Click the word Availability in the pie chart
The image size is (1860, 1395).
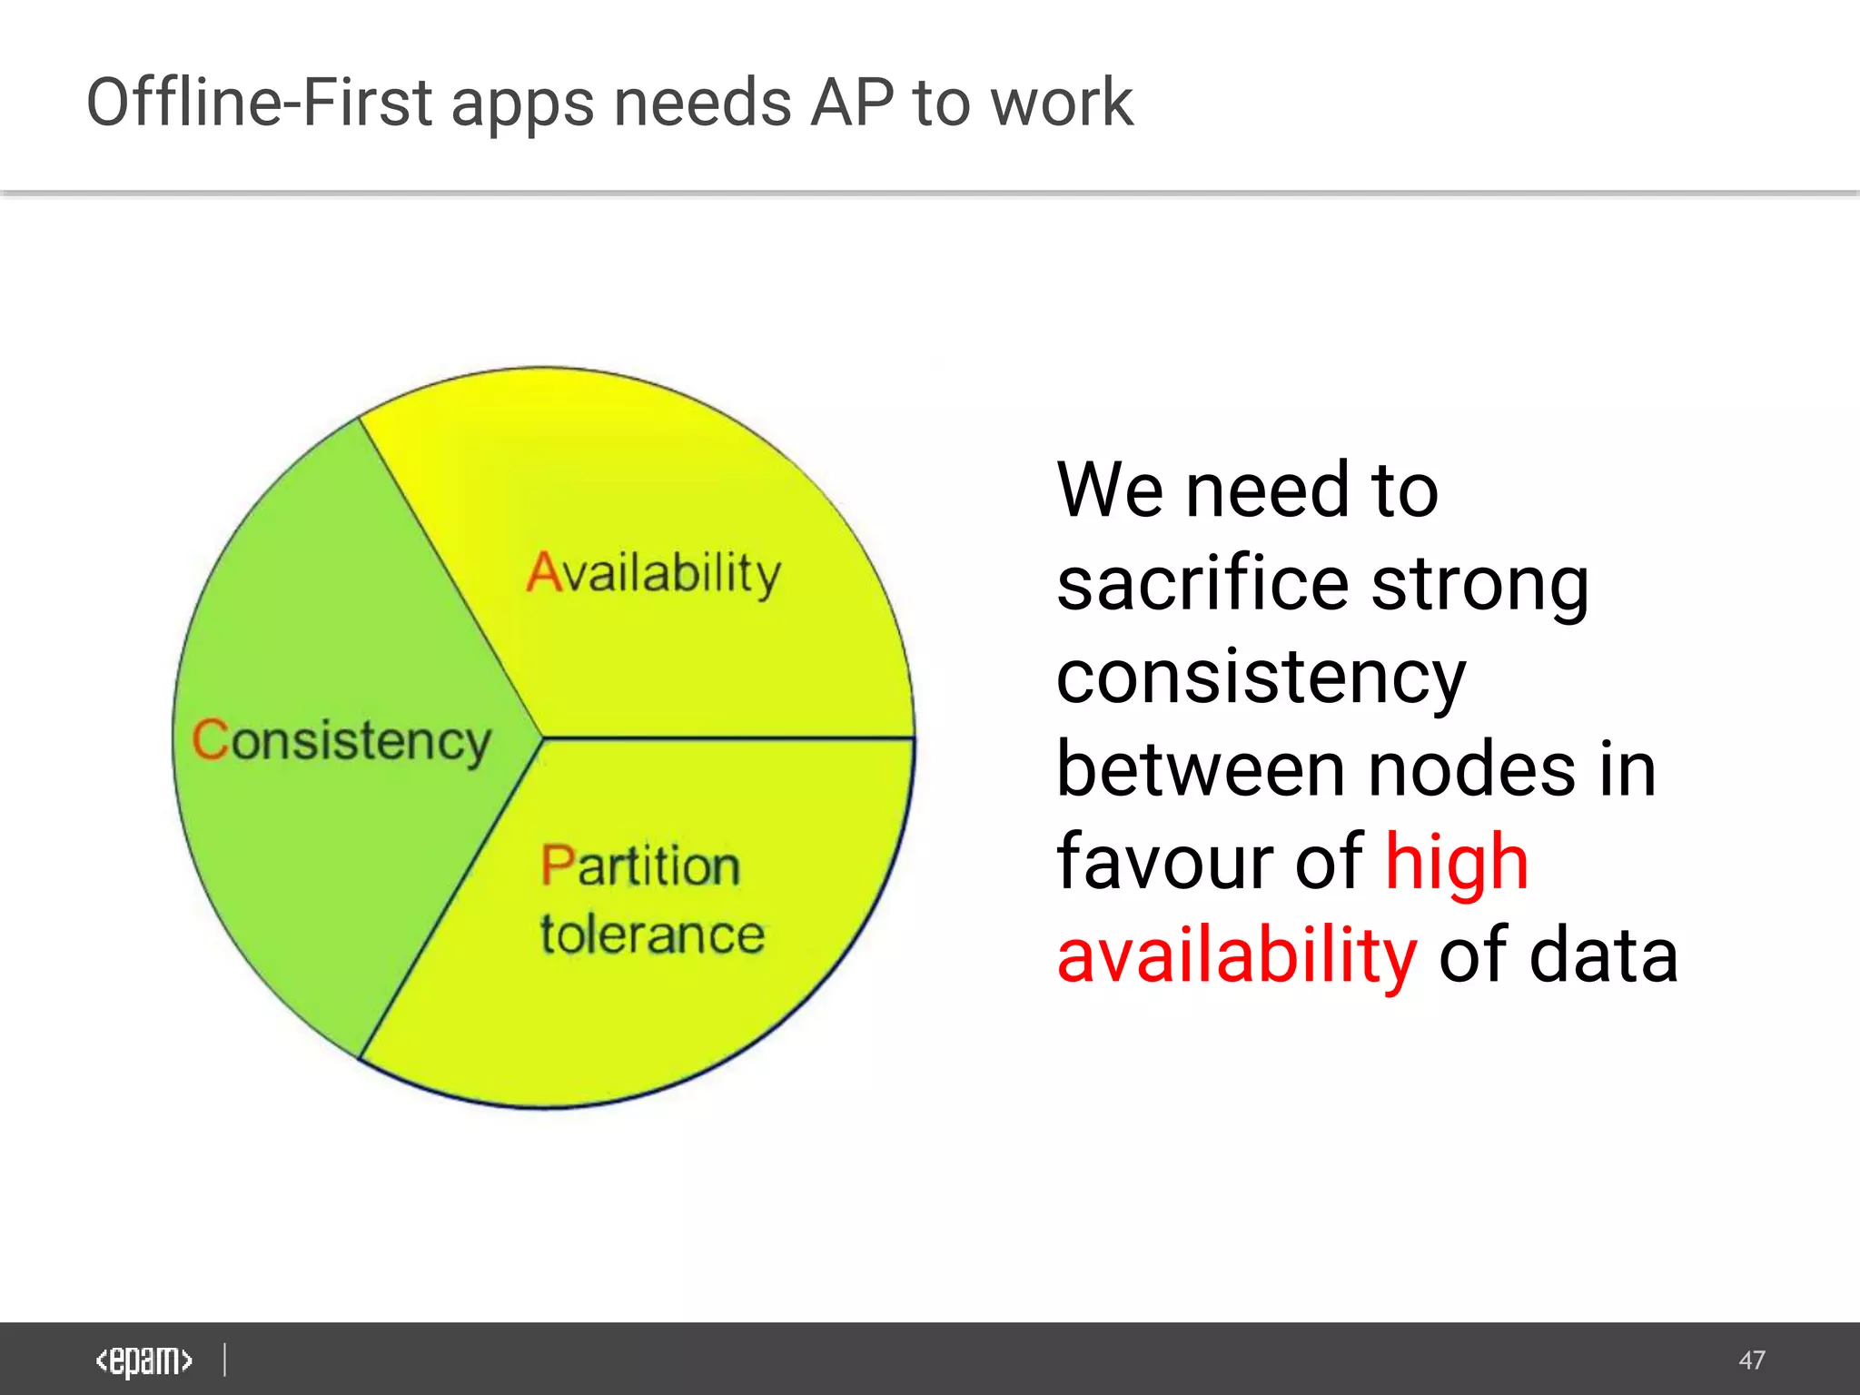654,574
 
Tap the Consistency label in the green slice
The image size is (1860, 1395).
341,740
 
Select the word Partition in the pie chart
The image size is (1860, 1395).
640,865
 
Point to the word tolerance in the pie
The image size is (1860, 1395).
652,935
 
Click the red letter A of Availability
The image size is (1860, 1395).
545,573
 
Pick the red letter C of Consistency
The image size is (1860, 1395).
210,738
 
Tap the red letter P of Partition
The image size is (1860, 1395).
557,865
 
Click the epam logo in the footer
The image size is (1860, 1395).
143,1360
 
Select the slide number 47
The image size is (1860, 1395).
1752,1360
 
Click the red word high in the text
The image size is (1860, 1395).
1457,862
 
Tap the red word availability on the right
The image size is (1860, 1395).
1236,955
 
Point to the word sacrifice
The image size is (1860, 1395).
1202,584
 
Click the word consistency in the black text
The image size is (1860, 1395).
1261,678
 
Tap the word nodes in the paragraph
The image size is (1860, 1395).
1471,770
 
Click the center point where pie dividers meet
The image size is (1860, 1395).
543,737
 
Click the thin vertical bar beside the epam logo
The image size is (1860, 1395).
224,1360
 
